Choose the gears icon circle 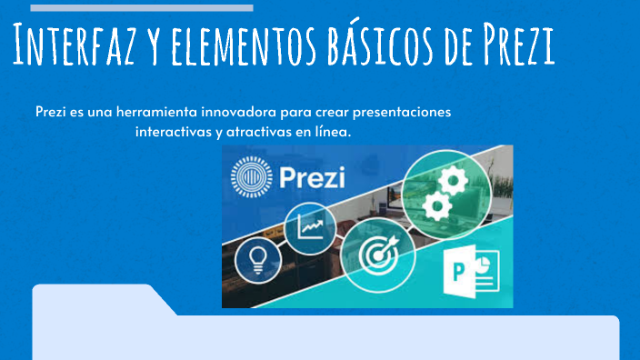447,194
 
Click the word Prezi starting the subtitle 51,112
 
